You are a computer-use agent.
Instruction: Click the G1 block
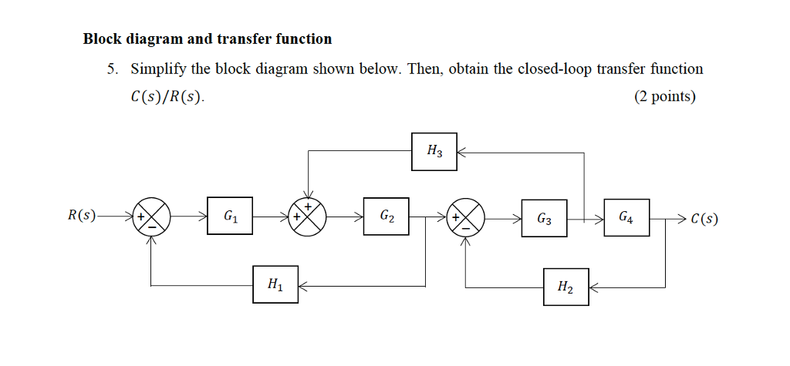point(230,217)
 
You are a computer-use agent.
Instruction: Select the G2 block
point(387,217)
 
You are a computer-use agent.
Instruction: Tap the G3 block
point(544,219)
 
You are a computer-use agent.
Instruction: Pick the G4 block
point(626,218)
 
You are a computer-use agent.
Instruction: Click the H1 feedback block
point(275,285)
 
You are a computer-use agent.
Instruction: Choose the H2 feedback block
point(565,287)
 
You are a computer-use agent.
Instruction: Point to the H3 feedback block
point(434,152)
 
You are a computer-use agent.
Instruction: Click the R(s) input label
point(81,216)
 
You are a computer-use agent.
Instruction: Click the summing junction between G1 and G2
point(308,217)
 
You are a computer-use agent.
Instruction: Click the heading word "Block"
point(103,39)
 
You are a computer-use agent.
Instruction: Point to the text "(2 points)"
point(664,96)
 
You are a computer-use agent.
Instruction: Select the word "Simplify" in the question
point(159,69)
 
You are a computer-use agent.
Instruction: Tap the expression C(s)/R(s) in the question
point(167,97)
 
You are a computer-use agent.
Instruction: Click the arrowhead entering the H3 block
point(462,153)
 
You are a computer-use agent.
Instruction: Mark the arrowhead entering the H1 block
point(303,286)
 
